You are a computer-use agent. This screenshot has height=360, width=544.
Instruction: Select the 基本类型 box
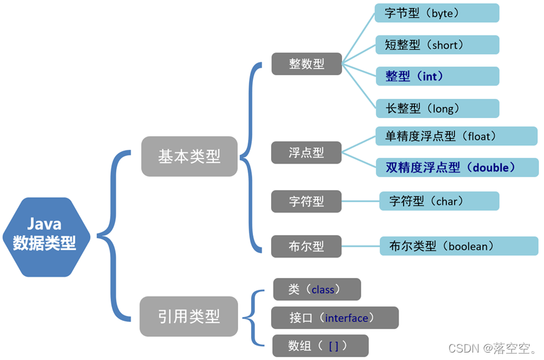coord(189,156)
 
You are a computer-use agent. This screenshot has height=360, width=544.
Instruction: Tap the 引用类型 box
coord(188,316)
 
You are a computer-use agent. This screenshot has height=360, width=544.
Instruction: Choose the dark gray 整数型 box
coord(307,63)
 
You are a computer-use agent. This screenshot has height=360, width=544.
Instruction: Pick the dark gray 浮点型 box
coord(307,152)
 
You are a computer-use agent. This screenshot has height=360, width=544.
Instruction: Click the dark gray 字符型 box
coord(307,201)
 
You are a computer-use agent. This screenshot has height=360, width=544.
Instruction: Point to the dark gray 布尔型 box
coord(307,246)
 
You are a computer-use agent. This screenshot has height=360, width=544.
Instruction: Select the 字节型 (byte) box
coord(436,12)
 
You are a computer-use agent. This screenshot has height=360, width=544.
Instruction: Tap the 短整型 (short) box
coord(436,45)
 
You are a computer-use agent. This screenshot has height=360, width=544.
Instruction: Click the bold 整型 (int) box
coord(436,76)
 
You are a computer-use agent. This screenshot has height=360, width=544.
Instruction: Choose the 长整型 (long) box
coord(436,108)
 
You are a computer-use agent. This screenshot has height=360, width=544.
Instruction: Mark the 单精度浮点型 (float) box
coord(456,136)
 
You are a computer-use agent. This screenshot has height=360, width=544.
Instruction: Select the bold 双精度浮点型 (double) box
coord(456,167)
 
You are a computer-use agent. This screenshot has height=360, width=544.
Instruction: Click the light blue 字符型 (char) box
coord(439,201)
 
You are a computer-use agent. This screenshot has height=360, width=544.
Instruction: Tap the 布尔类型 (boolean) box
coord(458,246)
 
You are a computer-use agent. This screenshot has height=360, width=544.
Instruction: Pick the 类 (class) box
coord(316,289)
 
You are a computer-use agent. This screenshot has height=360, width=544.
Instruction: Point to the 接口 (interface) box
coord(334,318)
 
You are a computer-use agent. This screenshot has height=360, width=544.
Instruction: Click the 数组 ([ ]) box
coord(320,346)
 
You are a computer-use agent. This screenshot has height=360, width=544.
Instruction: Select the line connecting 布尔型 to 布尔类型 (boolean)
coord(361,246)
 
